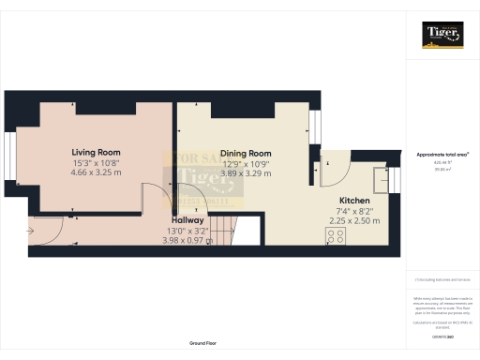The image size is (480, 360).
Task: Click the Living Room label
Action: point(96,152)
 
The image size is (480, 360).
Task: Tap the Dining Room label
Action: point(247,153)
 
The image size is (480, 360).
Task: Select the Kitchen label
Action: point(355,201)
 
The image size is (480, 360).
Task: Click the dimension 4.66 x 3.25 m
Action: point(96,173)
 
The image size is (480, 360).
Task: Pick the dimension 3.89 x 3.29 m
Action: point(247,173)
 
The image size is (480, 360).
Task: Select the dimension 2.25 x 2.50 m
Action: point(355,221)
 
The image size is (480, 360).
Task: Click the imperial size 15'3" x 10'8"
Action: point(96,163)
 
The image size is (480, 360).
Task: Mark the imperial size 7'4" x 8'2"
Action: point(355,211)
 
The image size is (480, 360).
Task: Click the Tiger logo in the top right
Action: point(442,34)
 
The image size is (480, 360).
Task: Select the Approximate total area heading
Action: point(442,154)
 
